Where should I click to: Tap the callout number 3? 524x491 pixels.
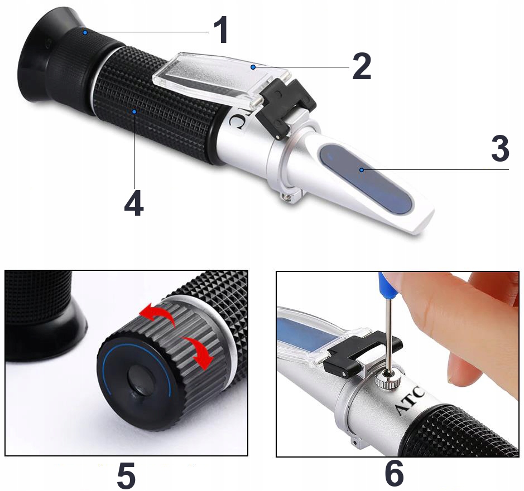coord(500,148)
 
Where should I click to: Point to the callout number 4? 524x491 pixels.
coord(134,203)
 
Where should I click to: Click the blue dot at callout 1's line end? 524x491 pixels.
coord(85,32)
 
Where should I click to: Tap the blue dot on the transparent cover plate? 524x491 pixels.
coord(253,67)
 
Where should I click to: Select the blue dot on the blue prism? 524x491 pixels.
coord(362,170)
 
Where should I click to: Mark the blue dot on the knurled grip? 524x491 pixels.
coord(134,111)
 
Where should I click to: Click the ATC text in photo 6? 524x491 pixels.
coord(410,400)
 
